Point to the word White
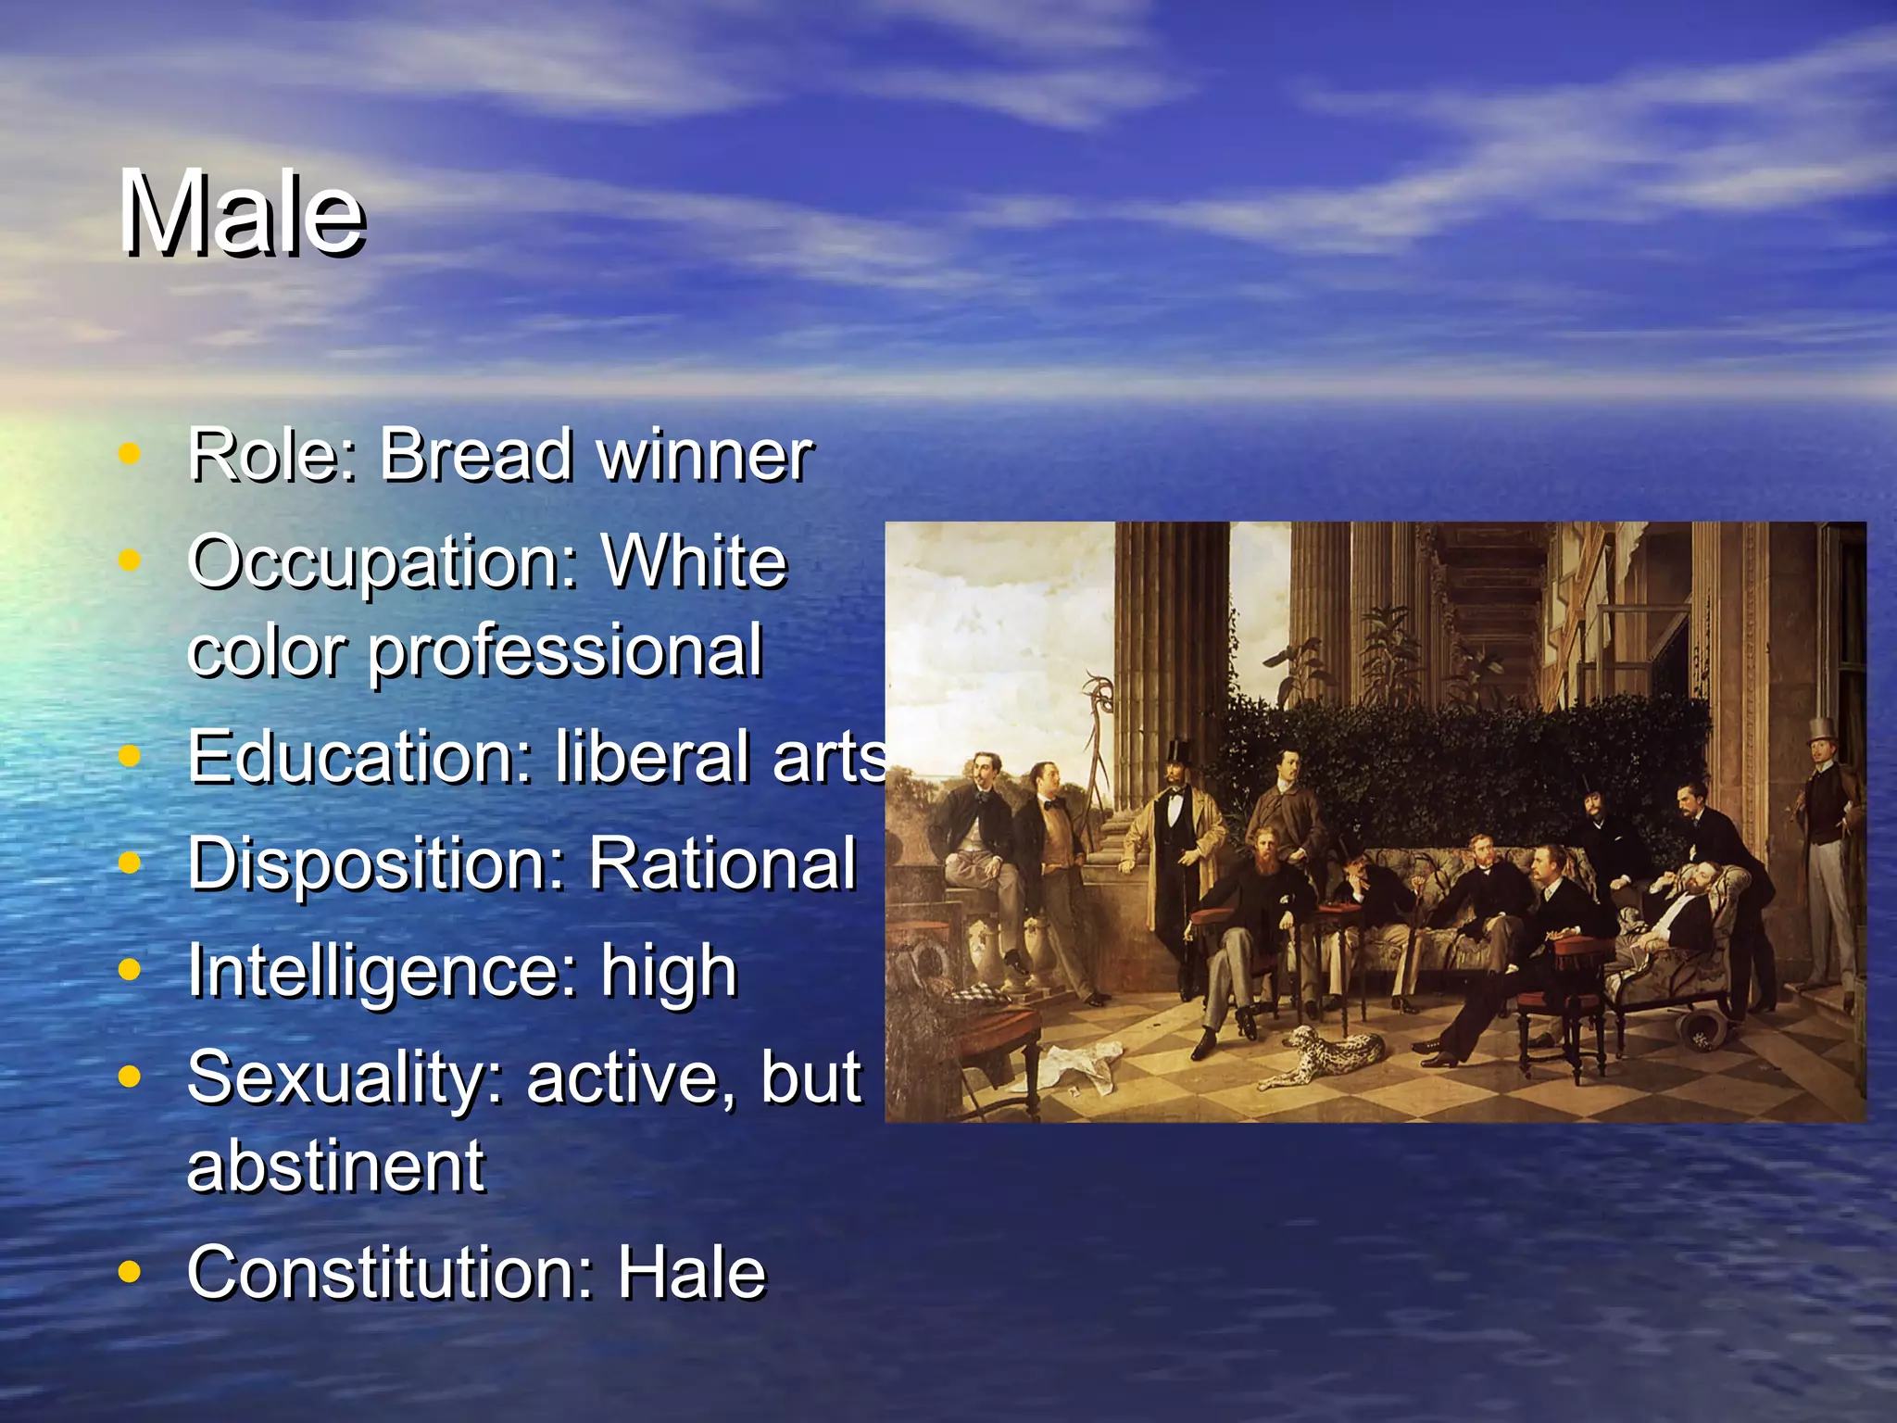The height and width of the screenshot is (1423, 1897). coord(694,561)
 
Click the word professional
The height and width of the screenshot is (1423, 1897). coord(566,651)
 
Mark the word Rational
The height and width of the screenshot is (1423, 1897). coord(722,863)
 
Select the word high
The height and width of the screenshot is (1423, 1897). coord(669,971)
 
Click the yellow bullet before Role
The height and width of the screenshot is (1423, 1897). coord(130,454)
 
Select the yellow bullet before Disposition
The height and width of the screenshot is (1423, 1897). coord(130,863)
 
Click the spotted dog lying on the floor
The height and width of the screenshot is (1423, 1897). coord(1326,1054)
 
